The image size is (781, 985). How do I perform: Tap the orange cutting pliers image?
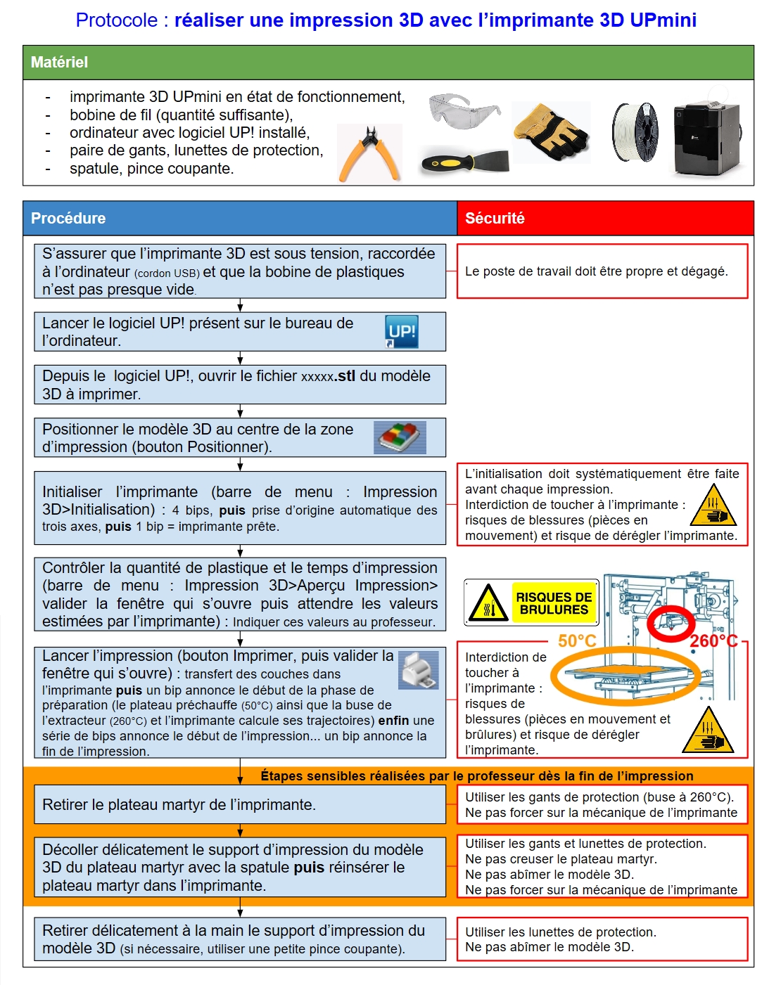pos(369,154)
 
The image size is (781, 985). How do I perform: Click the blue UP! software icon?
pos(402,332)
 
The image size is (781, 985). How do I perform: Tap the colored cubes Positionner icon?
pos(400,437)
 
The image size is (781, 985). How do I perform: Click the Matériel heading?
pos(60,63)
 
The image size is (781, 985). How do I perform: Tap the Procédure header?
pos(68,219)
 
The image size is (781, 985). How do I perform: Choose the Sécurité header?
pos(495,219)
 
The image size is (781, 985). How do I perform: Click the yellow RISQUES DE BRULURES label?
pos(554,603)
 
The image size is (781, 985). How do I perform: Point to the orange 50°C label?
pos(577,640)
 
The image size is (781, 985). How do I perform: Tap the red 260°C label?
pos(713,641)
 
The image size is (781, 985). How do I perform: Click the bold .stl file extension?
pos(345,376)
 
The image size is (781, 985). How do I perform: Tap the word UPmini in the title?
pos(663,20)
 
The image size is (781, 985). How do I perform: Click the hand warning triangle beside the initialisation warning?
pos(713,506)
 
